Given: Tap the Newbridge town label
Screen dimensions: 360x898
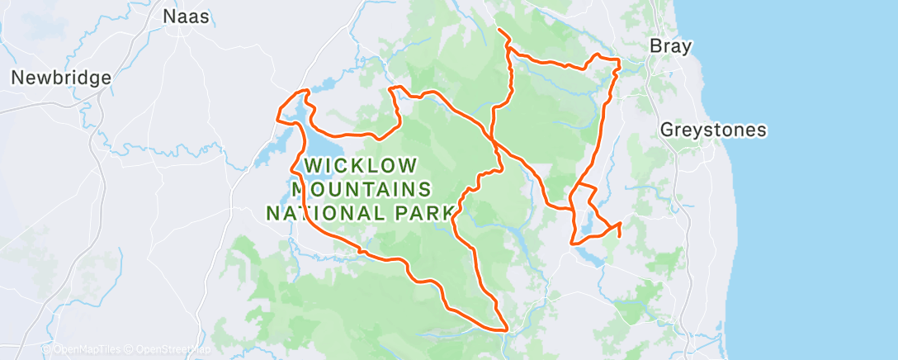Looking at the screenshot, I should tap(60, 78).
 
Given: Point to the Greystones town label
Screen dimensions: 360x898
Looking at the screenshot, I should tap(713, 130).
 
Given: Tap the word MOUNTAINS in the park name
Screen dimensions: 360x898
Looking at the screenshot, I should tap(361, 189).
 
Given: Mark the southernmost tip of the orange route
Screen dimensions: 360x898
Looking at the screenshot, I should tap(504, 330).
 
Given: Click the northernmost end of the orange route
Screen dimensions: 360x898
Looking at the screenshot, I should tap(498, 31).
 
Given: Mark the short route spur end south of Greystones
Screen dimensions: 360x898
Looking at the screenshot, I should tap(619, 236).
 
